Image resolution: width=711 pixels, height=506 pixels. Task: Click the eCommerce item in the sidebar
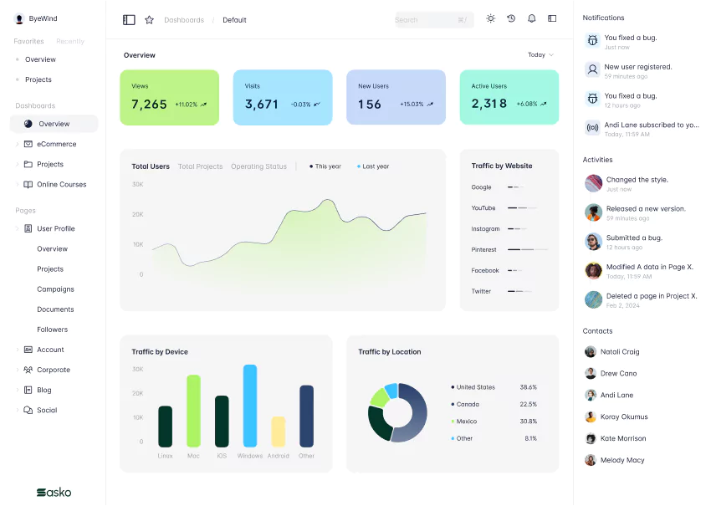tap(56, 144)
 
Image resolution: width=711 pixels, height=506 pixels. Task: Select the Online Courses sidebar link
tap(61, 184)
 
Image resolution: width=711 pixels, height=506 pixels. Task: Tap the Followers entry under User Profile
tap(52, 330)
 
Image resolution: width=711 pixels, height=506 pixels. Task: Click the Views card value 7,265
tap(150, 105)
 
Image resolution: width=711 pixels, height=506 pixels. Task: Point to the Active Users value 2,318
tap(489, 105)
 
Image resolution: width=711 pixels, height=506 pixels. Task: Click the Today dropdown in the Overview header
tap(540, 55)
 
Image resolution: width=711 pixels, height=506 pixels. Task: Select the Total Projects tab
tap(200, 166)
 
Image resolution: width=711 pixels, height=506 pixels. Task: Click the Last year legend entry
tap(375, 166)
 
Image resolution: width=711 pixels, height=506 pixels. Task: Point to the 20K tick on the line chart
tap(138, 214)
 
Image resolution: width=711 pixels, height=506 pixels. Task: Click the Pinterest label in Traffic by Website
tap(483, 249)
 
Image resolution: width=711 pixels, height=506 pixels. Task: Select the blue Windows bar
tap(249, 406)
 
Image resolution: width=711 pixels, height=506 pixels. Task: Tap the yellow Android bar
tap(279, 432)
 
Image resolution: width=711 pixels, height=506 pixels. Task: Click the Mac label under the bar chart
tap(193, 456)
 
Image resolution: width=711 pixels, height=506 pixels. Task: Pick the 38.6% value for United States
tap(528, 387)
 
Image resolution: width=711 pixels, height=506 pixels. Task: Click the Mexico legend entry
tap(466, 422)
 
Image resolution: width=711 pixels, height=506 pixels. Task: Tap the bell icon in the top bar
tap(531, 19)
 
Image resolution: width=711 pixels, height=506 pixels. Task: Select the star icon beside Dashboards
tap(149, 19)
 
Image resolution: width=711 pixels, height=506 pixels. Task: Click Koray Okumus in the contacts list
tap(623, 417)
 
